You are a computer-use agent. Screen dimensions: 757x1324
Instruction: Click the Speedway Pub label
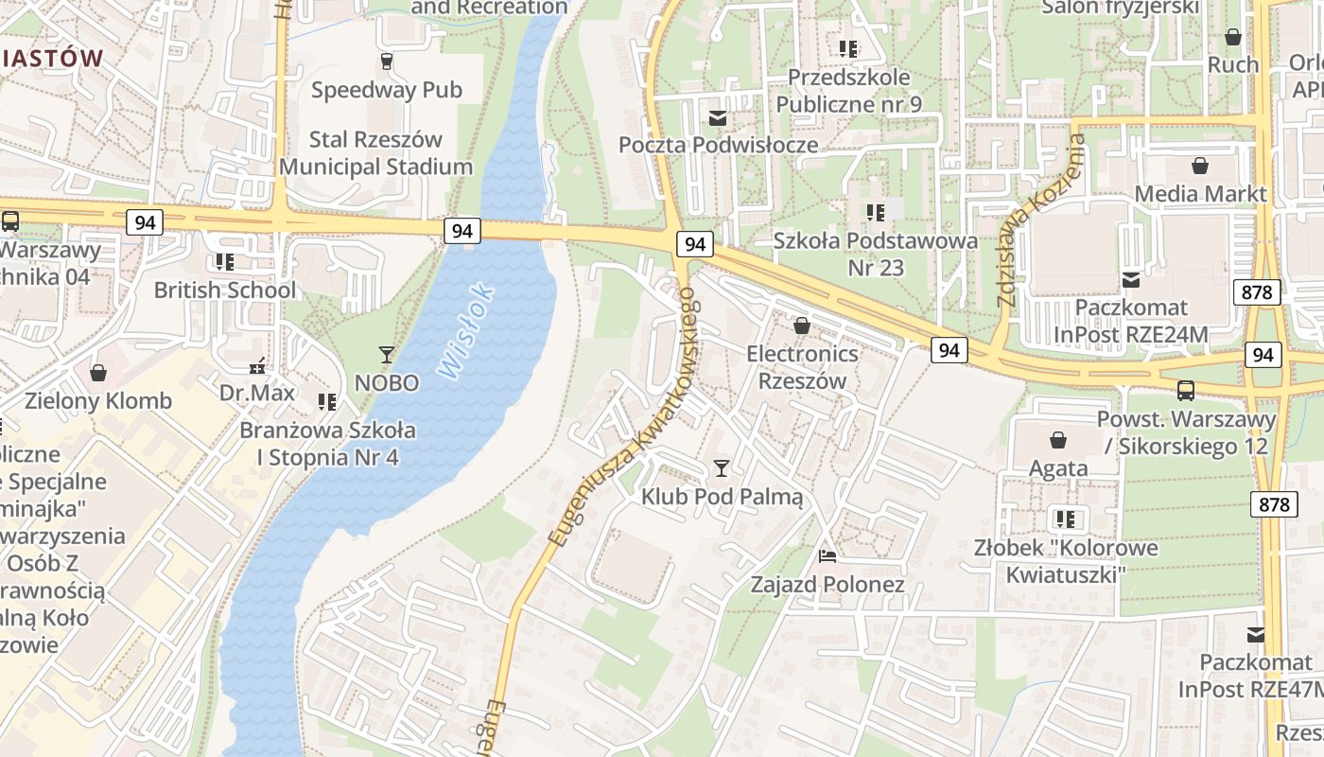tap(386, 90)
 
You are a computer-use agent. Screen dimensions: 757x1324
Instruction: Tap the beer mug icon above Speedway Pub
tap(386, 62)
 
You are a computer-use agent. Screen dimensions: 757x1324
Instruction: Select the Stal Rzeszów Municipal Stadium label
tap(375, 153)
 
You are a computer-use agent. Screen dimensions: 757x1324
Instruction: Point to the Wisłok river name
tap(466, 332)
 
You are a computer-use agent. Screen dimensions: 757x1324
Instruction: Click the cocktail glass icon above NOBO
tap(386, 355)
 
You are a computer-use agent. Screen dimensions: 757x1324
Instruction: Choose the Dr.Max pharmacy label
tap(257, 392)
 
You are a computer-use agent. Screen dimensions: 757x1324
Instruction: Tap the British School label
tap(225, 290)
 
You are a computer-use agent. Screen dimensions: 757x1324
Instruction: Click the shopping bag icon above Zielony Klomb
tap(98, 373)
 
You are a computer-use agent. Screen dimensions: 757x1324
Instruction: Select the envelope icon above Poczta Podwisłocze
tap(718, 118)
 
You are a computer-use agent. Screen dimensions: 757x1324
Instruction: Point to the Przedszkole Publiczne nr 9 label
tap(848, 90)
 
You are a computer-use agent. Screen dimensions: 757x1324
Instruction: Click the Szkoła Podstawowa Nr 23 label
tap(875, 254)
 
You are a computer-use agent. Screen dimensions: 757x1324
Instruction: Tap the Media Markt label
tap(1200, 194)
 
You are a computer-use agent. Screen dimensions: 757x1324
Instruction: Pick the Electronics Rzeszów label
tap(802, 367)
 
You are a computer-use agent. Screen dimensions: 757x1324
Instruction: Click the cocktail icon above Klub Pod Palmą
tap(722, 468)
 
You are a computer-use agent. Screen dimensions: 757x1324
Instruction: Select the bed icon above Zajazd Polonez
tap(827, 556)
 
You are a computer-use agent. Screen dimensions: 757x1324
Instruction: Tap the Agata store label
tap(1057, 467)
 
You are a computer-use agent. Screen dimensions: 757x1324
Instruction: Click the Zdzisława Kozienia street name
tap(1039, 221)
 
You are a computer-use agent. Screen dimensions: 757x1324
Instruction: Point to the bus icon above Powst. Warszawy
tap(1186, 390)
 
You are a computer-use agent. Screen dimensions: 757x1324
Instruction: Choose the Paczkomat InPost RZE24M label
tap(1131, 321)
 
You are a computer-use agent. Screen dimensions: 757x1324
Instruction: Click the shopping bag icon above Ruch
tap(1233, 37)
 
